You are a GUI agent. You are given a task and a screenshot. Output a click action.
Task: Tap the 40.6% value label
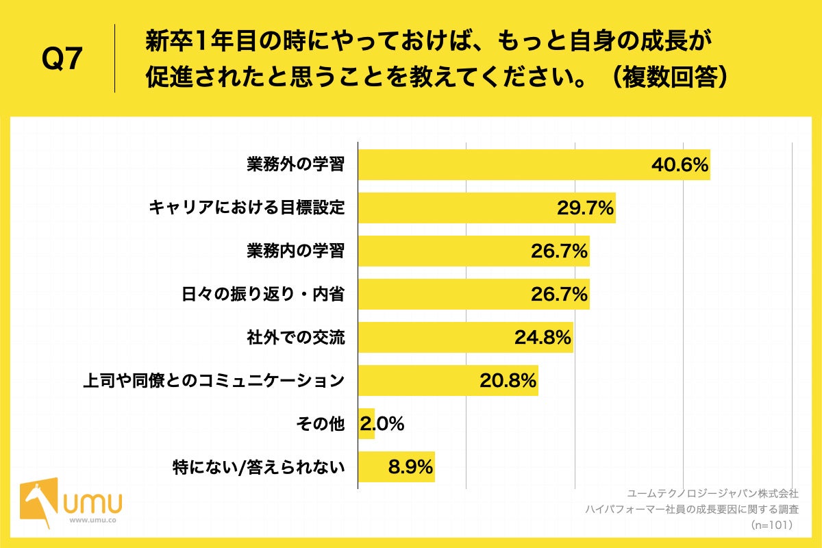pos(679,165)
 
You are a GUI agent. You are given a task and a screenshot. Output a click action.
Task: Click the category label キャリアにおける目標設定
pos(247,208)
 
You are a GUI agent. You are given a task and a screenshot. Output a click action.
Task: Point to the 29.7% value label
pos(584,208)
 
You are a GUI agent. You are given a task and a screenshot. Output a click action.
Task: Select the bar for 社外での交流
pos(438,338)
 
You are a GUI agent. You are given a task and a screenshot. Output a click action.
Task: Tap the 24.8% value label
pos(542,338)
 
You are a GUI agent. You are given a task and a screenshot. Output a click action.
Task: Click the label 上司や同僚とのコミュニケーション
pos(213,381)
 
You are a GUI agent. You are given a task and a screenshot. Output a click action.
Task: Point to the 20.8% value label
pos(508,381)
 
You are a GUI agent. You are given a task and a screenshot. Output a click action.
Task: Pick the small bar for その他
pos(366,424)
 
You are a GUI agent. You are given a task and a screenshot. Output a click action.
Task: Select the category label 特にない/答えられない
pos(258,467)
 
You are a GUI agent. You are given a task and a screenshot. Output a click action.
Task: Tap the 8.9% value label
pos(410,467)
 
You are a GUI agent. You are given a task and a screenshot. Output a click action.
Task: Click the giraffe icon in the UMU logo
pos(38,503)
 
